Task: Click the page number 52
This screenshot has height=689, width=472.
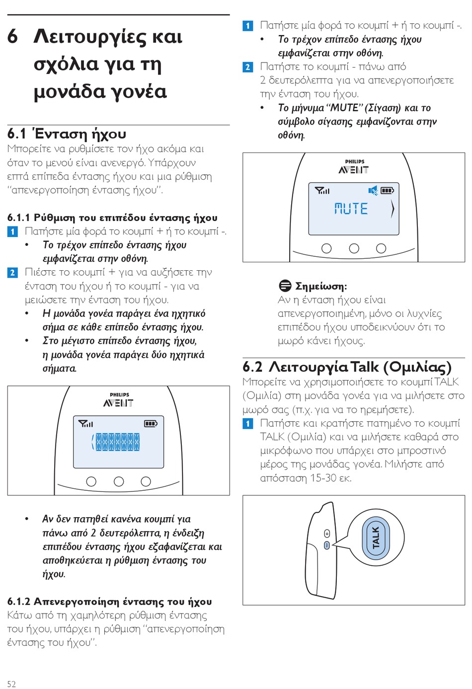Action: point(11,684)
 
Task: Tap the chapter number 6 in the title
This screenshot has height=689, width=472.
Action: point(13,36)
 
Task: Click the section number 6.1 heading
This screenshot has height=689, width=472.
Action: point(16,134)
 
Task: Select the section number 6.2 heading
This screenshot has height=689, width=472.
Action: point(252,367)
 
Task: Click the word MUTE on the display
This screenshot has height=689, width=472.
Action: point(351,209)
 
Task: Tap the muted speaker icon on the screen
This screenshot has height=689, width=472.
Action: point(373,190)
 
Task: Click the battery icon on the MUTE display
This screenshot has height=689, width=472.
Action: point(388,190)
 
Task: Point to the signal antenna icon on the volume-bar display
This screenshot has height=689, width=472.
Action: point(85,424)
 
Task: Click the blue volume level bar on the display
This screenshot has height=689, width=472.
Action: point(117,442)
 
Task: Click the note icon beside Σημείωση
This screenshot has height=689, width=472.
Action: point(285,286)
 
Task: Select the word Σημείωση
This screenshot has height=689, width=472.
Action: point(321,286)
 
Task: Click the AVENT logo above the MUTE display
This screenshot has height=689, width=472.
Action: point(354,170)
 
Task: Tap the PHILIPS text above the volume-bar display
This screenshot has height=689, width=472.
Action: point(119,395)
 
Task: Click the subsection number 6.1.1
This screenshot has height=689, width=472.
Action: point(18,218)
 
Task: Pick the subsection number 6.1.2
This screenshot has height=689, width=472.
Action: point(18,602)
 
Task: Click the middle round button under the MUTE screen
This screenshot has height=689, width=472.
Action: point(354,248)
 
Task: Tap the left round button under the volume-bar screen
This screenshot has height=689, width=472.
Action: point(91,481)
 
